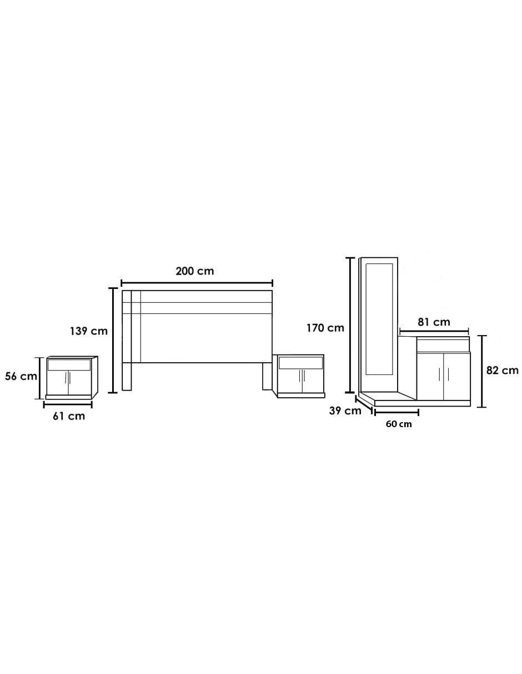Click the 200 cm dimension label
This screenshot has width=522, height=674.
[194, 271]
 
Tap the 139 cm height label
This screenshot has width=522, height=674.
[89, 331]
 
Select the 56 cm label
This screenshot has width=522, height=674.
[21, 376]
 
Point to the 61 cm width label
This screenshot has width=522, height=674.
[69, 416]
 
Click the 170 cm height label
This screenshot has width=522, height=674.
[325, 328]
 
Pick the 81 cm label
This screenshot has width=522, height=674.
[434, 322]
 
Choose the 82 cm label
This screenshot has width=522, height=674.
[502, 371]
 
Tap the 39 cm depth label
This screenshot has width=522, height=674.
[345, 411]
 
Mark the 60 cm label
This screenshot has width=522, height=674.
[399, 424]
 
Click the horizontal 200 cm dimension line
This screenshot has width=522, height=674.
[197, 283]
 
